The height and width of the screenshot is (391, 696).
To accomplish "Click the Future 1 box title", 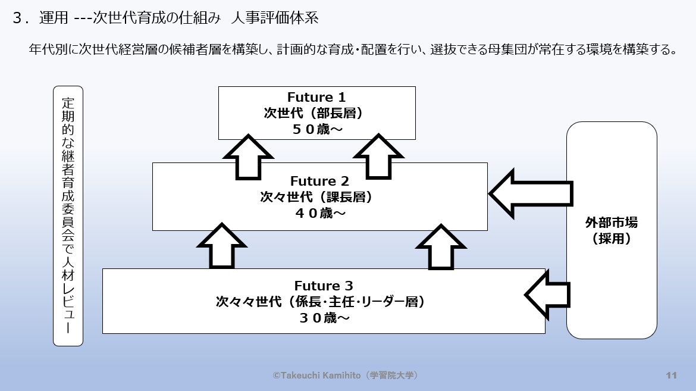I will [316, 97].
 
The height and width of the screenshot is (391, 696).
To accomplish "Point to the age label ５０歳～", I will [316, 129].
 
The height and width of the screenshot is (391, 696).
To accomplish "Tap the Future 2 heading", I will [319, 181].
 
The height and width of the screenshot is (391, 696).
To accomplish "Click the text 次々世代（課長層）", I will [319, 197].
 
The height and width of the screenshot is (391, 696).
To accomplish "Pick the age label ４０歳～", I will [319, 213].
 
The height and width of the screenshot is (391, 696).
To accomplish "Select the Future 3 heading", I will [324, 286].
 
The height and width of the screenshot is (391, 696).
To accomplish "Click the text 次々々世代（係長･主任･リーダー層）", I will [324, 302].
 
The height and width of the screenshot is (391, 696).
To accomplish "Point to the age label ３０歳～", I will [324, 318].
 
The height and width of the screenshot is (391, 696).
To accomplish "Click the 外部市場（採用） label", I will [612, 231].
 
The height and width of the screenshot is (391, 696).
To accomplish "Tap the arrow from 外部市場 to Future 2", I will [529, 193].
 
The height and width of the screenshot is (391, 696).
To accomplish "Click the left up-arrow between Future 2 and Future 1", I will [247, 158].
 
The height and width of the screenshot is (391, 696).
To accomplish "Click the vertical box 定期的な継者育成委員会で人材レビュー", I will [68, 216].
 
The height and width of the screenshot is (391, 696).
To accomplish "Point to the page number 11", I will [672, 375].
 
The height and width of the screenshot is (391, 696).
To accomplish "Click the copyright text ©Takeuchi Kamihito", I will [346, 375].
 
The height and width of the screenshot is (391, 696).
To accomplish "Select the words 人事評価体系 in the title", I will [277, 18].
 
